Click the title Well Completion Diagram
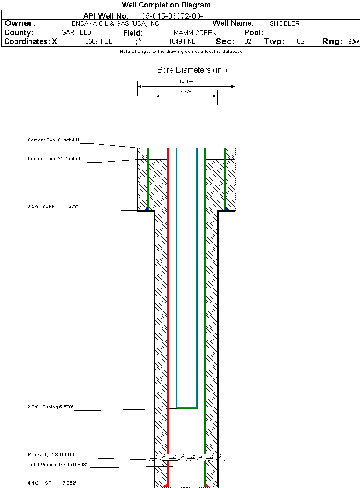[x=166, y=5]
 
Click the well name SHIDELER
[x=284, y=23]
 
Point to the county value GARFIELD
[x=76, y=33]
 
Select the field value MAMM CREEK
[x=195, y=33]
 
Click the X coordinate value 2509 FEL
[x=99, y=42]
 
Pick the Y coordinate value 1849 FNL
[x=182, y=42]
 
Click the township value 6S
[x=301, y=42]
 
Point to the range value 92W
[x=353, y=42]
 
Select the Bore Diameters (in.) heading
[x=192, y=70]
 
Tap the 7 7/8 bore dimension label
[x=186, y=91]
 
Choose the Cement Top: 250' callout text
[x=56, y=159]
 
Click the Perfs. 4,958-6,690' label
[x=51, y=455]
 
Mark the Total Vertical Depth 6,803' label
[x=57, y=465]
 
